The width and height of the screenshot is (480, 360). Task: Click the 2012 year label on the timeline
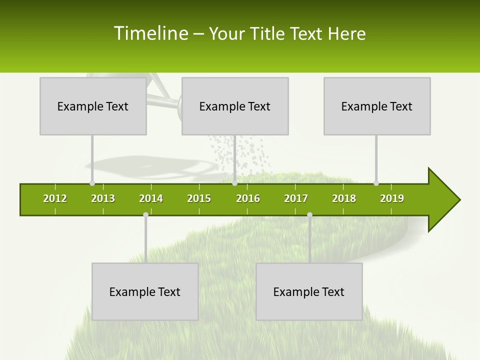(x=55, y=198)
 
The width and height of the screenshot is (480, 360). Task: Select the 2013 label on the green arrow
(x=103, y=198)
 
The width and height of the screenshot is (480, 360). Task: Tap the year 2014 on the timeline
(x=151, y=198)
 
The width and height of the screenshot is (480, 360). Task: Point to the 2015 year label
(x=199, y=198)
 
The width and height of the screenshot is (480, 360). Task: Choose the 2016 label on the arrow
(x=248, y=198)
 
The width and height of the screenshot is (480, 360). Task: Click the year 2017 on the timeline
(x=296, y=198)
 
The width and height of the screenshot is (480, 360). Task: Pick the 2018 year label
(x=344, y=198)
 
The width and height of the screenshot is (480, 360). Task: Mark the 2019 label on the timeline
(x=392, y=198)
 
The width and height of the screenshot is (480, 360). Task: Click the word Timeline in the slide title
(x=150, y=33)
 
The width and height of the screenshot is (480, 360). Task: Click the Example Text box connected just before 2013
(x=93, y=106)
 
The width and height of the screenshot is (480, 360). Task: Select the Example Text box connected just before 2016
(x=235, y=106)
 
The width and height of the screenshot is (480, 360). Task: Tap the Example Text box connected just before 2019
(x=377, y=106)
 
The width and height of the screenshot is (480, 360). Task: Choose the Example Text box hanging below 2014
(x=145, y=291)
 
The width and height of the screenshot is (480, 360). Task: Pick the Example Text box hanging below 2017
(x=309, y=291)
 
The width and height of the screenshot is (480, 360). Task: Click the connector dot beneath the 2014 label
(x=145, y=214)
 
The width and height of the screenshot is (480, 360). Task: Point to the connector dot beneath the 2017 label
(x=309, y=214)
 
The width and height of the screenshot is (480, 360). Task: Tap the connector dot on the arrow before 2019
(x=376, y=183)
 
